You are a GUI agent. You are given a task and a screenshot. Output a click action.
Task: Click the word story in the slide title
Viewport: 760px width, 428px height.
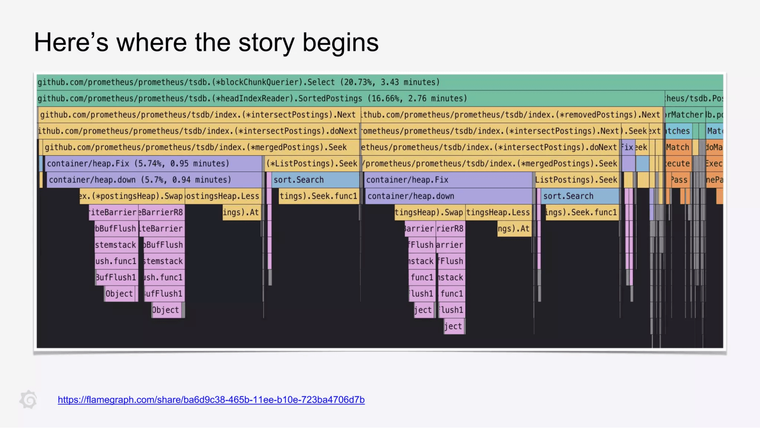[266, 42]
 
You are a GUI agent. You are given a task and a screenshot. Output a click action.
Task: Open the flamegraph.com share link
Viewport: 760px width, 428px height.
[211, 399]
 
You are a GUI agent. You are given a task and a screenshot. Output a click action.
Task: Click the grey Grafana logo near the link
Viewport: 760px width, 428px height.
[29, 399]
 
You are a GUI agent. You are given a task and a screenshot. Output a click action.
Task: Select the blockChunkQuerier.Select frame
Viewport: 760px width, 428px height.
[238, 82]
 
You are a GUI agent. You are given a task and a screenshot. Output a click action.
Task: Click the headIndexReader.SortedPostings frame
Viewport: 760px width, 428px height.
[252, 99]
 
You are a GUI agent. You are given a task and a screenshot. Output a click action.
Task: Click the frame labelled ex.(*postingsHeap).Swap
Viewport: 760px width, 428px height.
[132, 196]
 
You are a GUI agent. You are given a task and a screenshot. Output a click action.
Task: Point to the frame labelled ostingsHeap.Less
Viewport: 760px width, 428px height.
[223, 196]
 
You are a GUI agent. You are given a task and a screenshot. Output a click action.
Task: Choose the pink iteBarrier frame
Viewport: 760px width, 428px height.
[113, 212]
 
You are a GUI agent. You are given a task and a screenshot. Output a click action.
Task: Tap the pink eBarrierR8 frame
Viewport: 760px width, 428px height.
[162, 212]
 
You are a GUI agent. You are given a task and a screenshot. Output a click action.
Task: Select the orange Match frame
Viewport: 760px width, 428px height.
[678, 147]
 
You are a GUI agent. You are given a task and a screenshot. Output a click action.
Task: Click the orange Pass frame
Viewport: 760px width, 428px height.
[679, 180]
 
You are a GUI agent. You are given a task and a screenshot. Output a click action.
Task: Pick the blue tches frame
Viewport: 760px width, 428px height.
[678, 131]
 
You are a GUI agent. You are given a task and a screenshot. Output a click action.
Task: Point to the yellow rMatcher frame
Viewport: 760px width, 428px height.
[685, 115]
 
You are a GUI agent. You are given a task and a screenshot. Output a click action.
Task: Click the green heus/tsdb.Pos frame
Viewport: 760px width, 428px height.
[694, 99]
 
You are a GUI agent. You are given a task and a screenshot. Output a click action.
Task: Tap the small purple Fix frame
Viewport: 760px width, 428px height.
[628, 147]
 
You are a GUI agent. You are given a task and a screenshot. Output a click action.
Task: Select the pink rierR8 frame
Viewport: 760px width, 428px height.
[450, 229]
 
